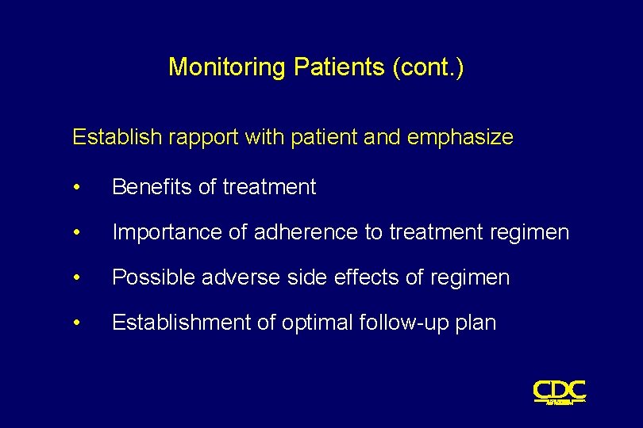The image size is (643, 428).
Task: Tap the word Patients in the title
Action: coord(340,67)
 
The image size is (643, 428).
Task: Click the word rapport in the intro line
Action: coord(200,138)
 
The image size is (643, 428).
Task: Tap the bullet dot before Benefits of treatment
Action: coord(76,188)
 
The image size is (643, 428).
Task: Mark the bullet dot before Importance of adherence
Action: coord(76,233)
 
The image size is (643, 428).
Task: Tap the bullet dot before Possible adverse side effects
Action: coord(76,278)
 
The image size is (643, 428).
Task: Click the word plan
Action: coord(477,323)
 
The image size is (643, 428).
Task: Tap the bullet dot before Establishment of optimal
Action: coord(76,323)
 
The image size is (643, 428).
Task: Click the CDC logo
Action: coord(560,392)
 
